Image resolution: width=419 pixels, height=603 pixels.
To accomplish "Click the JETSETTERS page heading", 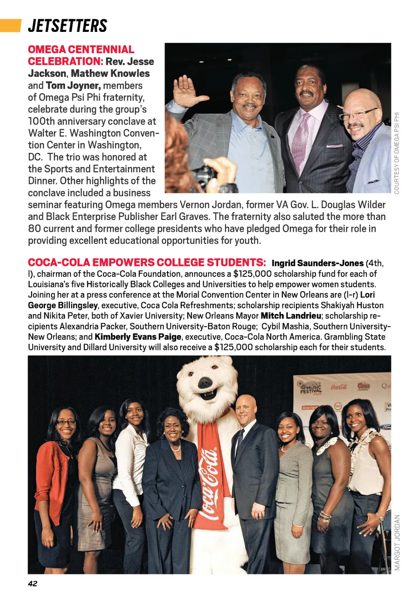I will click(68, 26).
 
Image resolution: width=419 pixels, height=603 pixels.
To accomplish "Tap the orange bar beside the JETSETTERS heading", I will click(10, 25).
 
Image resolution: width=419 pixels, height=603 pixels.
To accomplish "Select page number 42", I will click(33, 583).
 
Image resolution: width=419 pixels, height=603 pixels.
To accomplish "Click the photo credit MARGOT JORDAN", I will click(397, 542).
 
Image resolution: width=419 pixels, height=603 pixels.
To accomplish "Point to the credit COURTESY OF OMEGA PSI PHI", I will click(397, 153).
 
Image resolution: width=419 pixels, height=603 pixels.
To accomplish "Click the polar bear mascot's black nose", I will click(205, 383).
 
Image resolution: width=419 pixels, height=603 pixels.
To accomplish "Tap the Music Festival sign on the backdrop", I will click(311, 387).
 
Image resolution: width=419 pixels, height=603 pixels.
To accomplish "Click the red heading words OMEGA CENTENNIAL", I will click(81, 49).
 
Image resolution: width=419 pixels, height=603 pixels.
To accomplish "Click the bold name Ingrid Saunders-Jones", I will click(317, 263).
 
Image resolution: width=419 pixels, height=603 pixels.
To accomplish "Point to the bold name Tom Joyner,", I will click(73, 86).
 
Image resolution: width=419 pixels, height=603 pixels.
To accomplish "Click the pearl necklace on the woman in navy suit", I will click(175, 447).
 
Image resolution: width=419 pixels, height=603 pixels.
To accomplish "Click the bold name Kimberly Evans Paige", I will click(138, 337).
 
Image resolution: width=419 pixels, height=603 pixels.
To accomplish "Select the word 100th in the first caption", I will click(41, 121).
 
